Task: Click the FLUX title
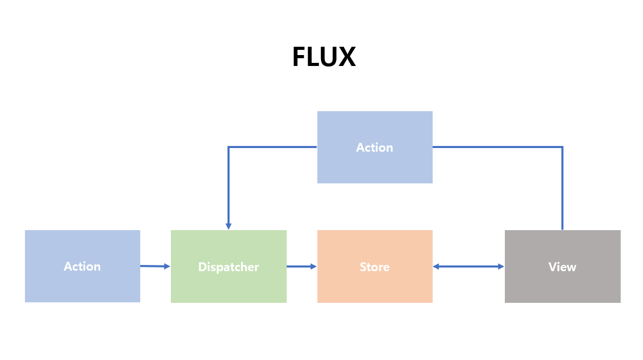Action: coord(324,57)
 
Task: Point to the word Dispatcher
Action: coord(229,267)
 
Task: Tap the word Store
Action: coord(374,267)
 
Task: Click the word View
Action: coord(562,267)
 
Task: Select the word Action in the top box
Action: coord(374,148)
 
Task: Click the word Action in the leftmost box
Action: coord(82,266)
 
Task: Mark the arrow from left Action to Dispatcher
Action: coord(155,266)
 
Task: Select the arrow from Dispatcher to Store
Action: coord(301,266)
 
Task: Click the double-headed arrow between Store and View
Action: coord(468,266)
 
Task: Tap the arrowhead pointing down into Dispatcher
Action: coord(229,226)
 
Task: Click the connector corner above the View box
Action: coord(562,148)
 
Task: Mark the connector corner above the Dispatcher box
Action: coord(229,148)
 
